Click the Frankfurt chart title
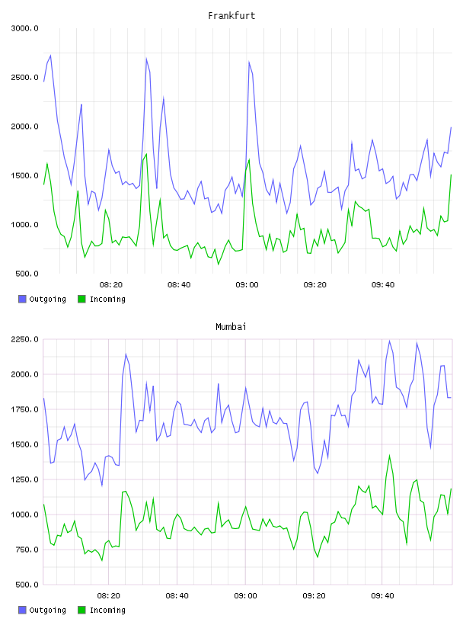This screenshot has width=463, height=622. point(231,16)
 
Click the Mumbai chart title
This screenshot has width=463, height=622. point(231,327)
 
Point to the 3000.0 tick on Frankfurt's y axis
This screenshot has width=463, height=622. point(24,28)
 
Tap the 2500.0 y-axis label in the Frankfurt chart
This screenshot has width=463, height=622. point(24,77)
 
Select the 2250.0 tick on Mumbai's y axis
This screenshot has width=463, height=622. point(24,339)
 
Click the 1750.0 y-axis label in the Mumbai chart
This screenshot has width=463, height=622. point(24,409)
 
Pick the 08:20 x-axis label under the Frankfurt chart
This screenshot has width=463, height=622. point(111,285)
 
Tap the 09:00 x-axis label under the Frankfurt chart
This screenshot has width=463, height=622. point(247,285)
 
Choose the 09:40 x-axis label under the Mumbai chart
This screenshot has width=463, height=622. point(382,596)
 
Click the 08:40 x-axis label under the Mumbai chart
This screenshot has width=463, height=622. point(177,596)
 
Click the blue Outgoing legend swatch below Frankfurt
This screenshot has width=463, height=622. point(22,299)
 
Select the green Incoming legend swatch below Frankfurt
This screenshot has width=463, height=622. point(81,299)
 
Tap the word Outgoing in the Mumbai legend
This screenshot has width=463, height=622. point(47,610)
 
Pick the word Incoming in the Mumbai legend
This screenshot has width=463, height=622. point(107,610)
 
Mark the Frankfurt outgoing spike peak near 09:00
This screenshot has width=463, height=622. point(249,62)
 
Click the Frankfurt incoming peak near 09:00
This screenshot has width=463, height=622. point(249,159)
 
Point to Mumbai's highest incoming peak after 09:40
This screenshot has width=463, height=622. point(389,456)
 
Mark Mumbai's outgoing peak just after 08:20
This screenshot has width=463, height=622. point(126,354)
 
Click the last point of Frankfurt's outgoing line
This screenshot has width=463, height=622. point(451,127)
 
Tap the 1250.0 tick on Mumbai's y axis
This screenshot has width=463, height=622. point(24,479)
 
